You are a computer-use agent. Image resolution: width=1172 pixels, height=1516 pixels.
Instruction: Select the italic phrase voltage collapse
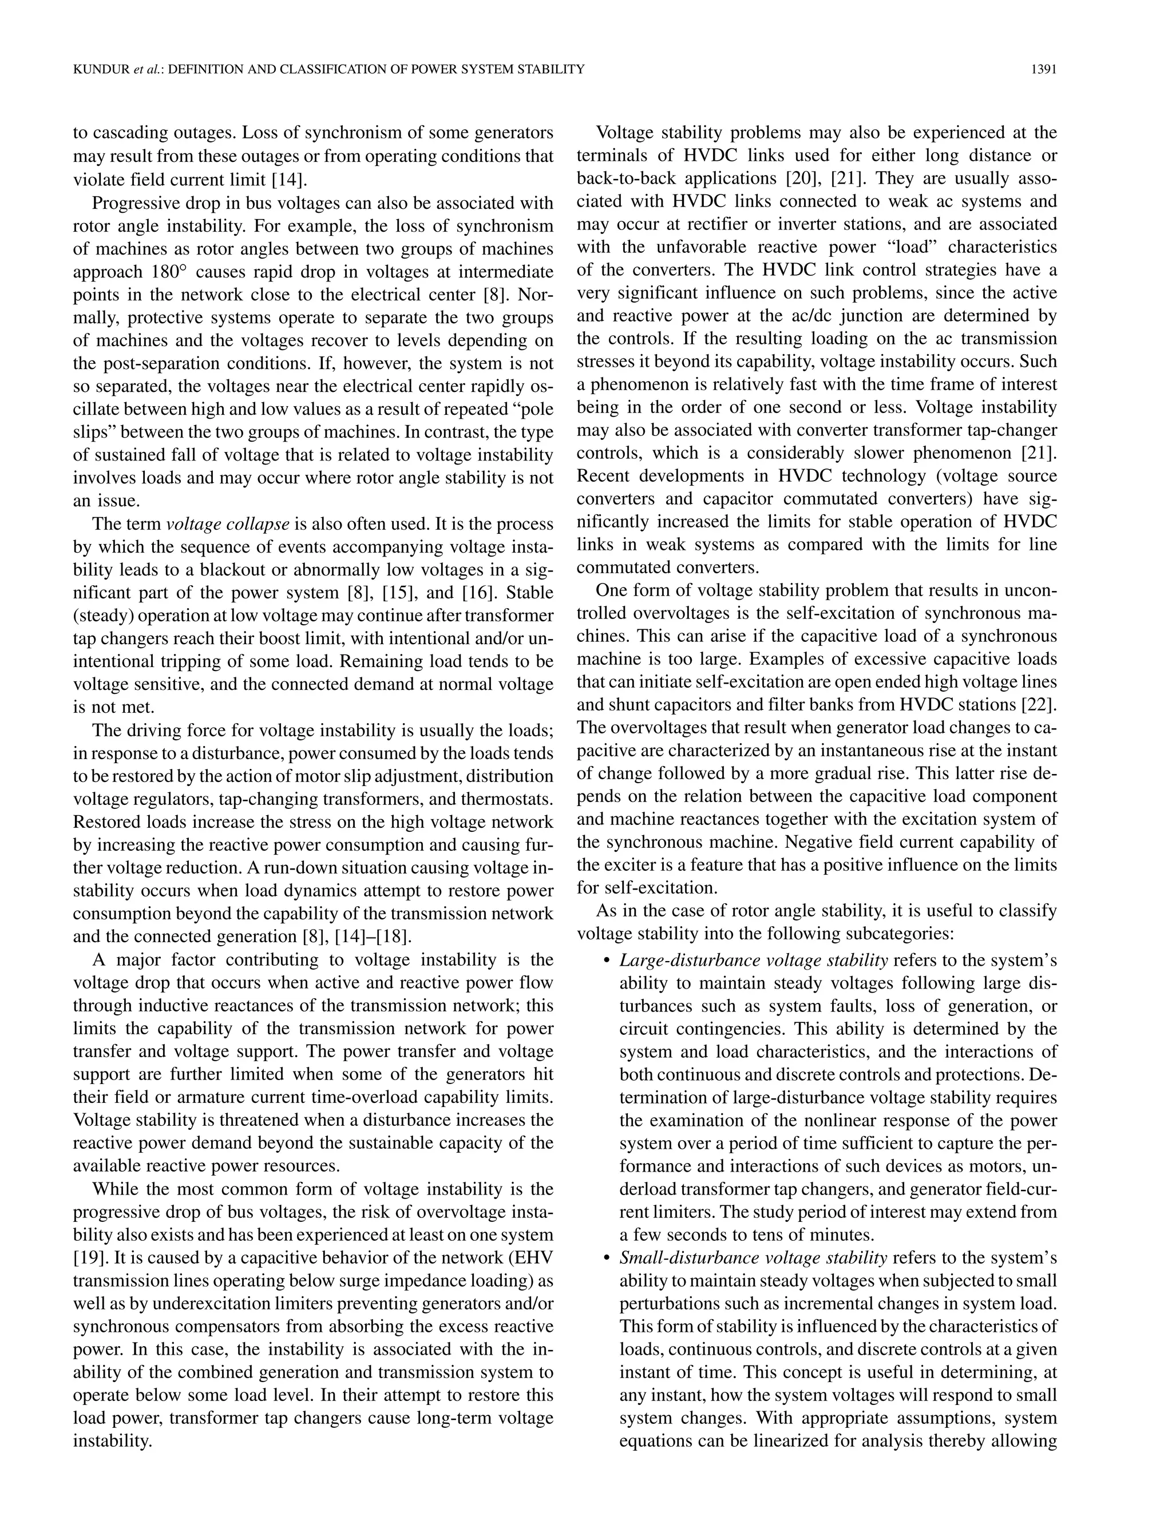point(228,524)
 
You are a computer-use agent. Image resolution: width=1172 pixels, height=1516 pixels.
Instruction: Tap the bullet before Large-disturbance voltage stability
point(606,961)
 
